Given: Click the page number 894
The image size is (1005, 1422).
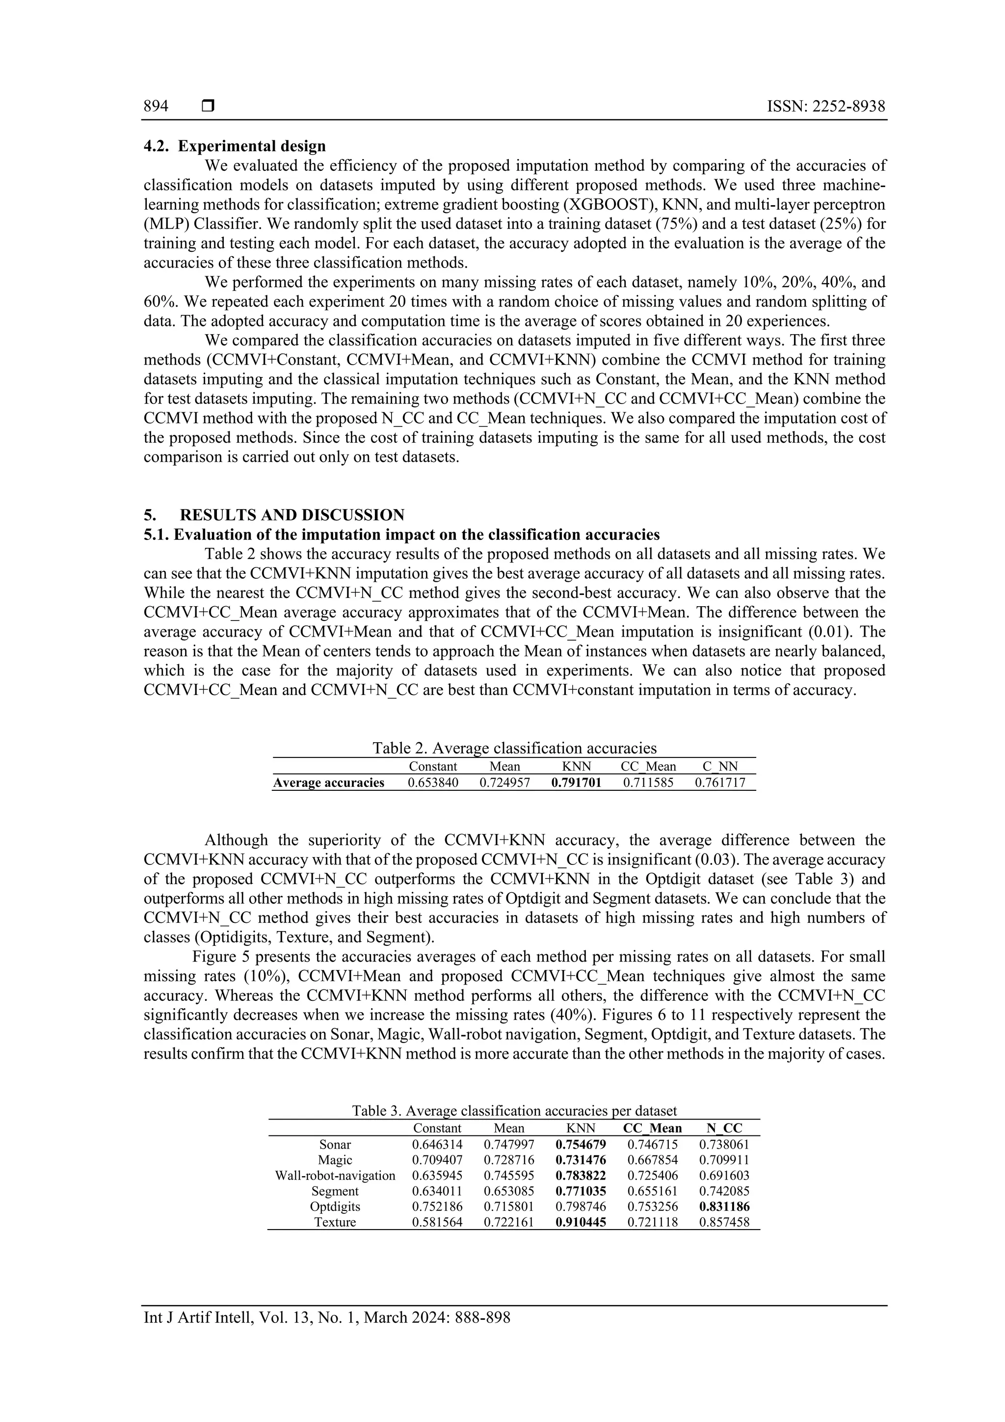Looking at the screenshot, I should (156, 107).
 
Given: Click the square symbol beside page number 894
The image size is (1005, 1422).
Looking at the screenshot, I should (208, 107).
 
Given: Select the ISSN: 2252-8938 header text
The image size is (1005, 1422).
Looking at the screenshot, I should (826, 107).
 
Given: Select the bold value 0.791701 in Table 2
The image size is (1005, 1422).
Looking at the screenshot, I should (576, 782).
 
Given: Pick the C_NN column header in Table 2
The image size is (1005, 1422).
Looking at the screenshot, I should (720, 766).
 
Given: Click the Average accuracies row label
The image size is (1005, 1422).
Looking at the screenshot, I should (329, 782).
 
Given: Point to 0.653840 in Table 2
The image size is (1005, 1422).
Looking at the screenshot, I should (433, 782).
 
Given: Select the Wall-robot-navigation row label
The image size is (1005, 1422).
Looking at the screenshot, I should (335, 1176).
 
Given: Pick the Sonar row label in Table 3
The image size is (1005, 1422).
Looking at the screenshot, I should (335, 1145).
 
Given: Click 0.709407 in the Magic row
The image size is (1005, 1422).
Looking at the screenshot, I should (437, 1160).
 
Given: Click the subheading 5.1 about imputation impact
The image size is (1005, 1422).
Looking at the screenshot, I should (402, 535).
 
